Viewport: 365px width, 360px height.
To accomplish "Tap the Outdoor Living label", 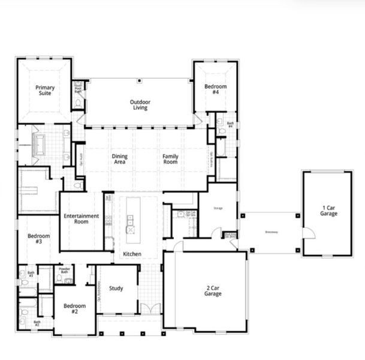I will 140,105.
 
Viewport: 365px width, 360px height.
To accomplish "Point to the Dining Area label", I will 120,160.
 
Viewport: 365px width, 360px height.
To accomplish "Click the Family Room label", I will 171,160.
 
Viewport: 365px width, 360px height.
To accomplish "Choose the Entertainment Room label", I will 81,218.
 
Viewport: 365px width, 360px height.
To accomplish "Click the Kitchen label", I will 132,254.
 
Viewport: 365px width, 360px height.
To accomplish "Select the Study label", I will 116,289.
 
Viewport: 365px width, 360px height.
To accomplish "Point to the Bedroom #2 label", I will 74,309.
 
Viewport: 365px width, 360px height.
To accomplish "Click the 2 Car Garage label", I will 213,291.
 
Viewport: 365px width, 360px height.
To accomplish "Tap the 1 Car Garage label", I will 328,211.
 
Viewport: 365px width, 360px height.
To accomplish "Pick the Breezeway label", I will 272,232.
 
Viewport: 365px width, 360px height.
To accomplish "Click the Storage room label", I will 218,209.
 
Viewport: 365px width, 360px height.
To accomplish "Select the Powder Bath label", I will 65,271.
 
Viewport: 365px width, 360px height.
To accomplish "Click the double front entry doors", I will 150,308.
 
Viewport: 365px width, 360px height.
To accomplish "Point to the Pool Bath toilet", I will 78,103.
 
